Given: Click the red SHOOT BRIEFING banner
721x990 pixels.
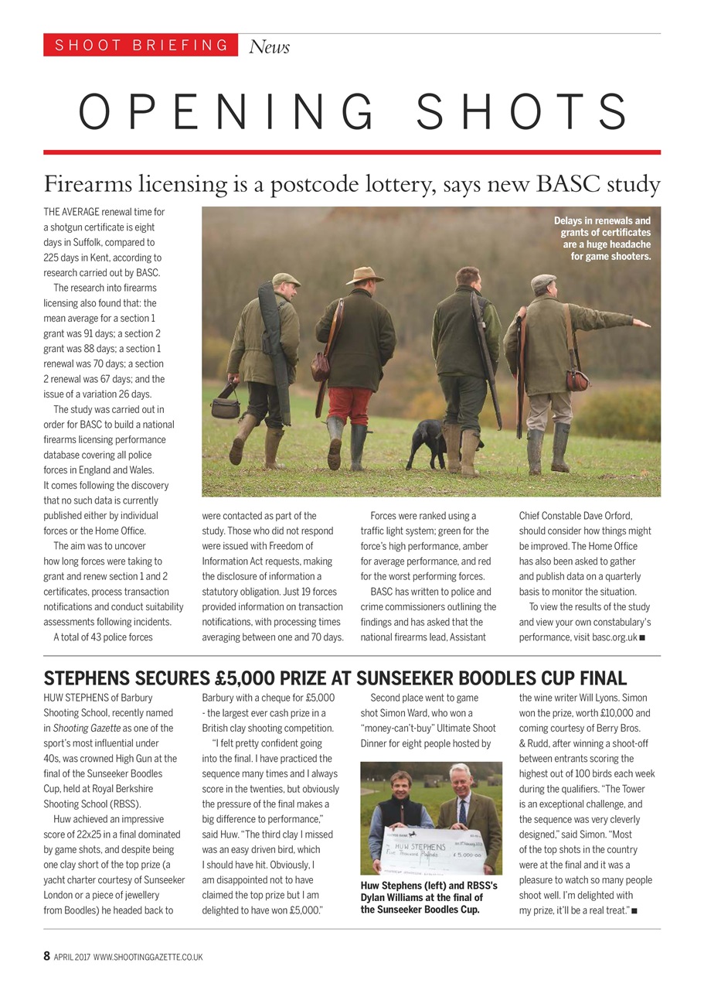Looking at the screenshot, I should pyautogui.click(x=141, y=45).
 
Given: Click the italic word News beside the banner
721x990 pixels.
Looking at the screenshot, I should pyautogui.click(x=269, y=47).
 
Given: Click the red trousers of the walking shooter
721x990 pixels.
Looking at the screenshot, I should pyautogui.click(x=349, y=405).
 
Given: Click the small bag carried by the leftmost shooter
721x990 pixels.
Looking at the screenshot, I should pyautogui.click(x=226, y=405).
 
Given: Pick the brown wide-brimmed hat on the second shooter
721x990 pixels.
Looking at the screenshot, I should pyautogui.click(x=364, y=275).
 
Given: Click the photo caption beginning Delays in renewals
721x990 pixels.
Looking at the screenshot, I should pyautogui.click(x=603, y=238).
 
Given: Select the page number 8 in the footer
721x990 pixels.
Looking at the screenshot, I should pyautogui.click(x=46, y=956).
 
